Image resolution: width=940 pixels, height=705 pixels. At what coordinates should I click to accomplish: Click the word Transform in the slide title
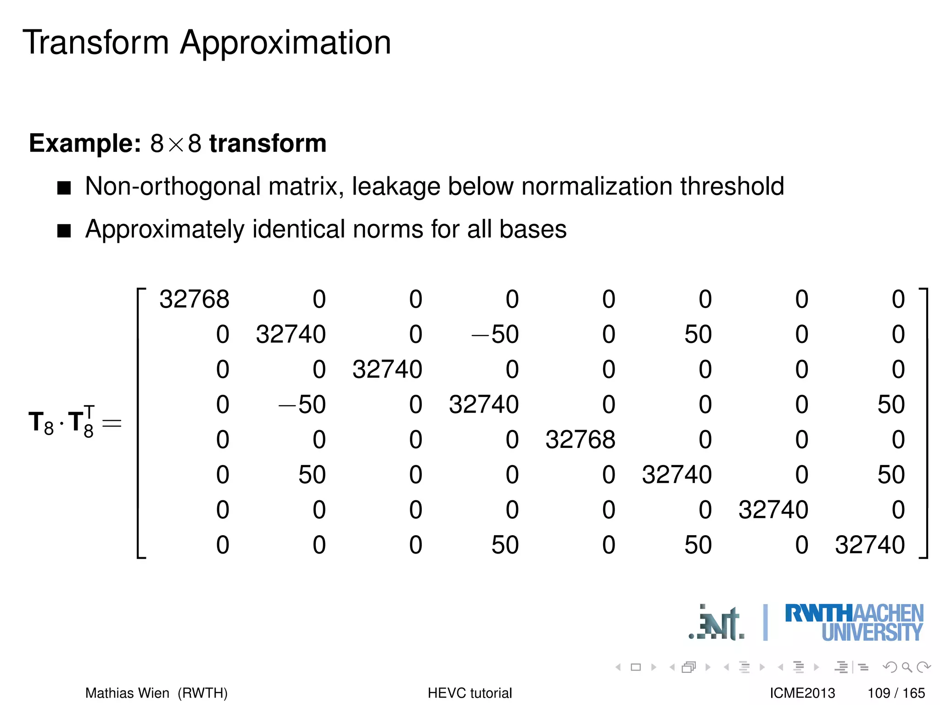96,43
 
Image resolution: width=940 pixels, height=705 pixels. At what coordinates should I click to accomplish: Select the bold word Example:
85,144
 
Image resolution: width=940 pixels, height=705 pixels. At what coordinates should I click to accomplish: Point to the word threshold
732,186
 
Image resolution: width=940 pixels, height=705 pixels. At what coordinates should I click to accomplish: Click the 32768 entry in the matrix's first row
194,299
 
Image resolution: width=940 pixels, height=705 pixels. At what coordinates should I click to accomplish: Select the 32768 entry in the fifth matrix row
580,440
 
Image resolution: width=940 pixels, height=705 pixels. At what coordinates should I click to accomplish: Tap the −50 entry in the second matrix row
495,334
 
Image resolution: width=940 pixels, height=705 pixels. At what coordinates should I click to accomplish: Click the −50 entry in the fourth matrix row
302,404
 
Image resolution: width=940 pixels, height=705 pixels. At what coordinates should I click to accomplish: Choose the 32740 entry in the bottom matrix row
870,545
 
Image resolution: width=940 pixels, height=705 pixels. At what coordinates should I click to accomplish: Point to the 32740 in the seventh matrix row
773,510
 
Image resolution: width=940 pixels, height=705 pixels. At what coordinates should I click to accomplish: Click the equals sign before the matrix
112,423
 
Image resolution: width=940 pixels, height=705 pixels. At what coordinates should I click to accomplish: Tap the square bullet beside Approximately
64,230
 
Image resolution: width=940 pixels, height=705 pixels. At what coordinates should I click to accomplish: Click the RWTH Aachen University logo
854,622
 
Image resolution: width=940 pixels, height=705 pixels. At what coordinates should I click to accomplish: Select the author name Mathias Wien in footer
127,693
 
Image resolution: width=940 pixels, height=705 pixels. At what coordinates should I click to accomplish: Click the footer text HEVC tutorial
470,693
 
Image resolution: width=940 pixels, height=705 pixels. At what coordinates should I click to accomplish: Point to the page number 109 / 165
896,693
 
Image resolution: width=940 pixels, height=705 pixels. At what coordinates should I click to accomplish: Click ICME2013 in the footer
802,693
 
